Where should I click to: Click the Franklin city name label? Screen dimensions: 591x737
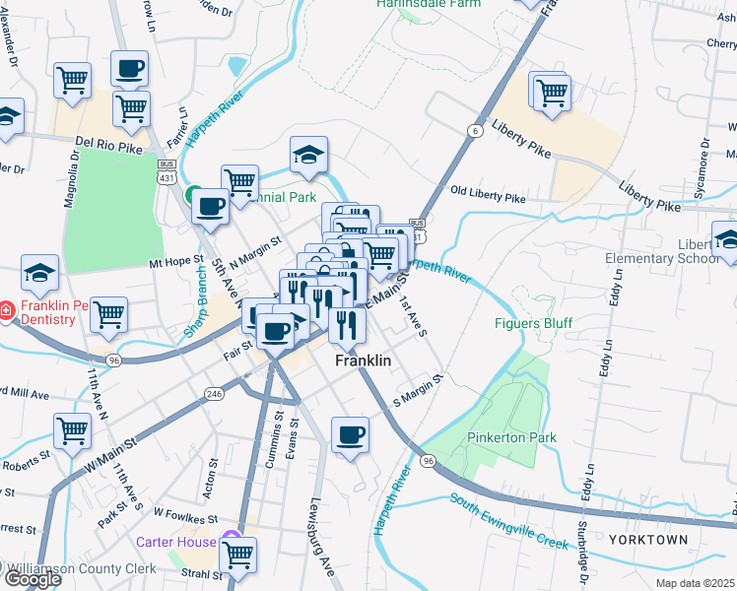(x=363, y=361)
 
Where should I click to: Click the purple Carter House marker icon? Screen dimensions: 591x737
(x=232, y=541)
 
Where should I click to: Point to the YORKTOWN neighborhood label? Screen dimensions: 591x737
(x=647, y=541)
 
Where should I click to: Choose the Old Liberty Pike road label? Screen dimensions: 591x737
(x=488, y=196)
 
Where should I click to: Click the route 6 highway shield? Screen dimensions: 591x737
(x=475, y=131)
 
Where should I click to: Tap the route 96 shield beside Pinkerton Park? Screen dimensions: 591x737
(x=427, y=461)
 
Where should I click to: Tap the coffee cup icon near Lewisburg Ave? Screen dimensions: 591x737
(x=350, y=434)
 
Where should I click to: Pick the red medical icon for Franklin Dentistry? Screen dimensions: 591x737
(x=7, y=311)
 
